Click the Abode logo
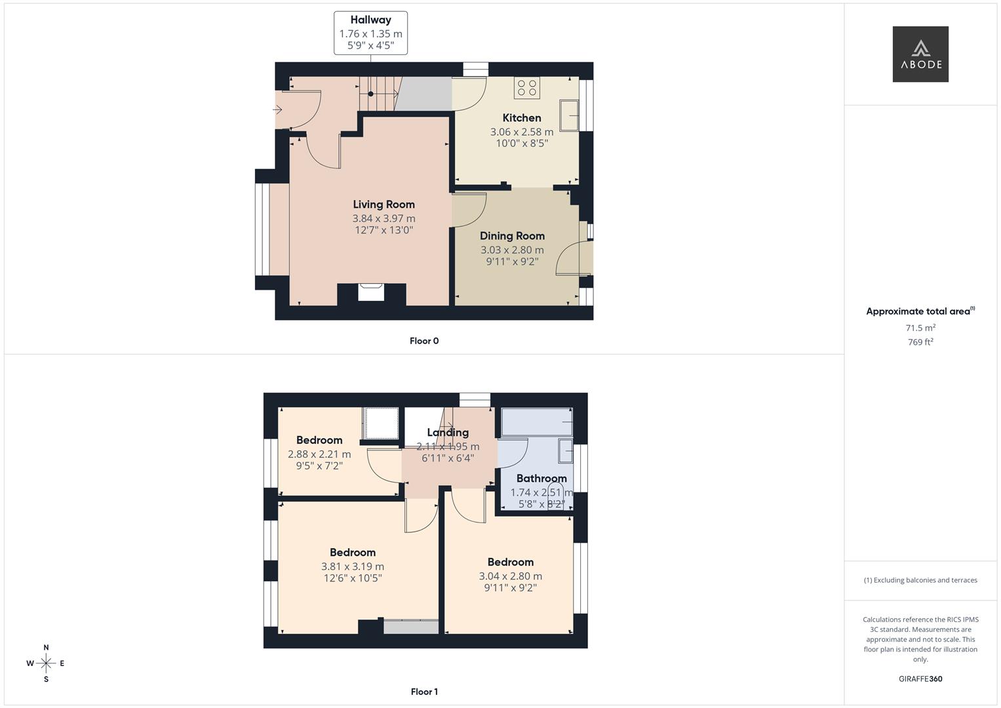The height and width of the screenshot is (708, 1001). pos(920,54)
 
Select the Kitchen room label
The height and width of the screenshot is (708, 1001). pos(522,118)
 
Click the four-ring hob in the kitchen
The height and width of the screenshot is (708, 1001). pos(527,88)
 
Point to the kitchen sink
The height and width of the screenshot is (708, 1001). pos(568,116)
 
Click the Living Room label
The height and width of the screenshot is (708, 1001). pos(383,205)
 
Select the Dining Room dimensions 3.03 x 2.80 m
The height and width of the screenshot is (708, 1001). pos(512,250)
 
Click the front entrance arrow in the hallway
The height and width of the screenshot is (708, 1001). pos(278,109)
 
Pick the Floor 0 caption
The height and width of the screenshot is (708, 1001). pos(424,341)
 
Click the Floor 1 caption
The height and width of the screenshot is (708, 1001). pos(424,692)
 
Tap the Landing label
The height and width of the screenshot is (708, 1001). pos(448,433)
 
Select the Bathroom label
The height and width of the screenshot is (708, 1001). pos(541,479)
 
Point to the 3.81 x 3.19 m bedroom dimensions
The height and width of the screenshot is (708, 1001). pos(353,566)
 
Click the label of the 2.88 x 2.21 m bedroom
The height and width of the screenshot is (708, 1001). pos(319,441)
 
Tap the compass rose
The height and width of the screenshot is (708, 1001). pos(46,663)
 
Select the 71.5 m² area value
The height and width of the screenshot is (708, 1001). pos(920,328)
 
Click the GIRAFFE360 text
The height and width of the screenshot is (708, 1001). pos(920,679)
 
